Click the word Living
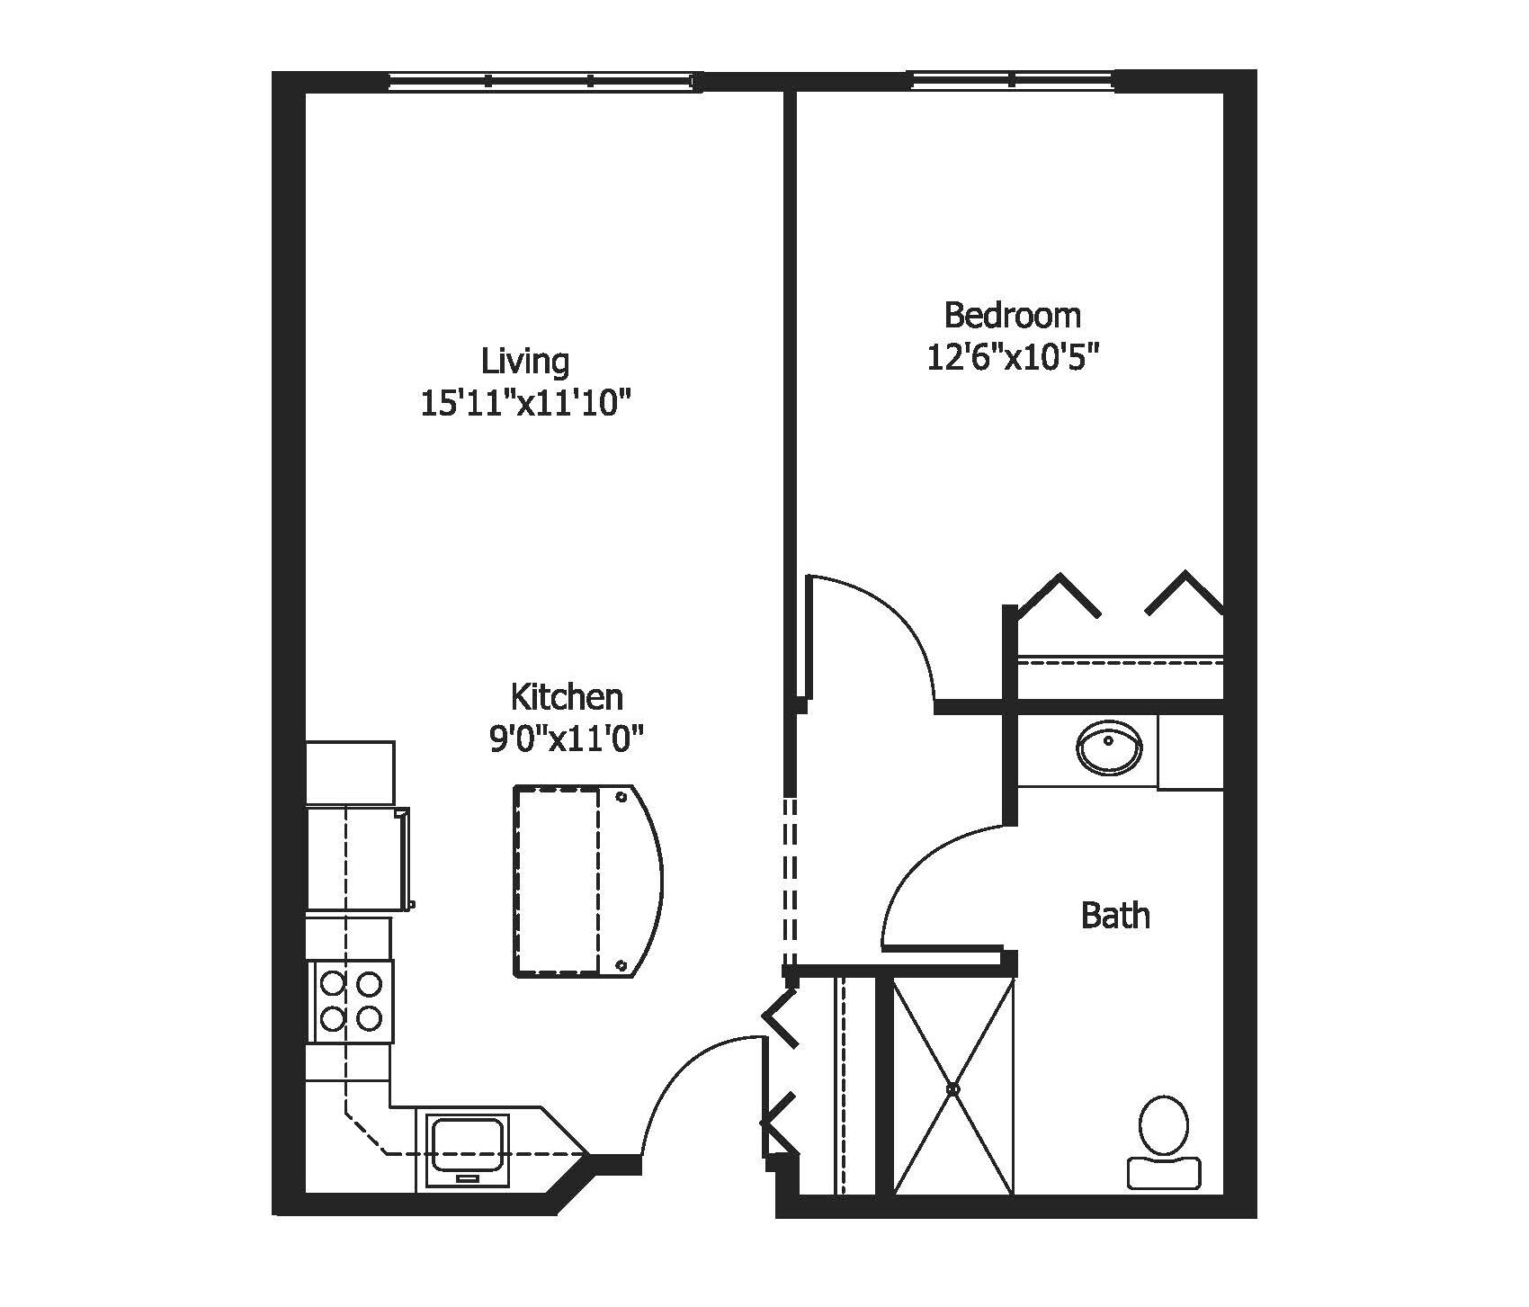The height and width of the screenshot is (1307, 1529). [525, 361]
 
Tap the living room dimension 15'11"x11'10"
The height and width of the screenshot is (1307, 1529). [522, 404]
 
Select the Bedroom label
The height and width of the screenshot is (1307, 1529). [1013, 315]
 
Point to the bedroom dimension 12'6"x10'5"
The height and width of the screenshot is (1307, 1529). [1014, 358]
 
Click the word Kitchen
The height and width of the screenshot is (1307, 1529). [567, 696]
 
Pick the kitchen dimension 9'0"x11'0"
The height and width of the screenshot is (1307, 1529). [567, 739]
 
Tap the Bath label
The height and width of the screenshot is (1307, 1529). [1115, 916]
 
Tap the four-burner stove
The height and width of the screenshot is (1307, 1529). [351, 1001]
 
